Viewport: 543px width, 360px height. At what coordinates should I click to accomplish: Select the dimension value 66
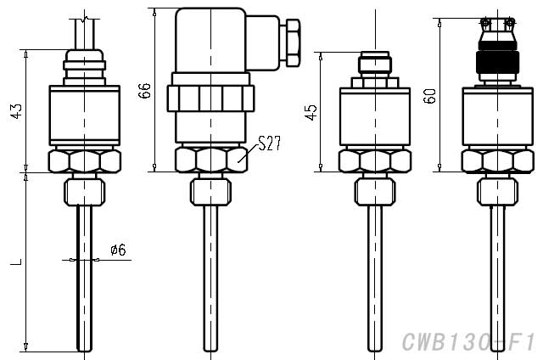pyautogui.click(x=145, y=91)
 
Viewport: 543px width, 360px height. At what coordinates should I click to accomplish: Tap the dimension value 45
pyautogui.click(x=310, y=111)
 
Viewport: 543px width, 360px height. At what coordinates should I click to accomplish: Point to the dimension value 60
pyautogui.click(x=431, y=94)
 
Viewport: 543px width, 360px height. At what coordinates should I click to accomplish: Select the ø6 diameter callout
pyautogui.click(x=118, y=250)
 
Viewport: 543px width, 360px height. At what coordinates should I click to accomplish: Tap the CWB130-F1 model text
pyautogui.click(x=467, y=342)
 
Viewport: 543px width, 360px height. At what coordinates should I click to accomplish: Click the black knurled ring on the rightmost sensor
pyautogui.click(x=496, y=63)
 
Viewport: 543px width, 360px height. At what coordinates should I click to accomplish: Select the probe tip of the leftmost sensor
pyautogui.click(x=84, y=344)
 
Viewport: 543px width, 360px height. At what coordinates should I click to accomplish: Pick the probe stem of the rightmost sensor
pyautogui.click(x=496, y=272)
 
